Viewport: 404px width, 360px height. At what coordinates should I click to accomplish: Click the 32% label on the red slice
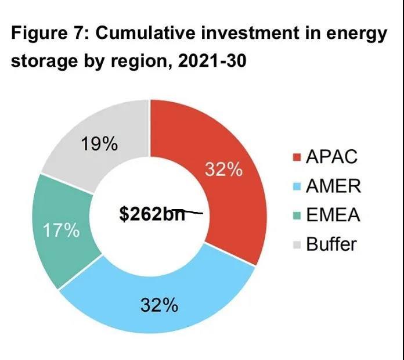click(x=223, y=170)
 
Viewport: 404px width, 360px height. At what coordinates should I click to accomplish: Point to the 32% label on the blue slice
click(x=158, y=305)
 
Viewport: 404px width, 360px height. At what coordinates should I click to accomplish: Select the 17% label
click(x=60, y=231)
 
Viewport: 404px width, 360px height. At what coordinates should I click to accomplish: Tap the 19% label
click(x=99, y=145)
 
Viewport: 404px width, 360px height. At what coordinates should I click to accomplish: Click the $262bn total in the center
click(x=151, y=214)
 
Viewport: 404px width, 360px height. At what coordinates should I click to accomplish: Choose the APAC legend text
click(x=331, y=157)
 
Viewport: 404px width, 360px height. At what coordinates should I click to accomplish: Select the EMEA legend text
click(x=333, y=215)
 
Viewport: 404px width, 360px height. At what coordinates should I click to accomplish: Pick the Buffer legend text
click(x=331, y=244)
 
